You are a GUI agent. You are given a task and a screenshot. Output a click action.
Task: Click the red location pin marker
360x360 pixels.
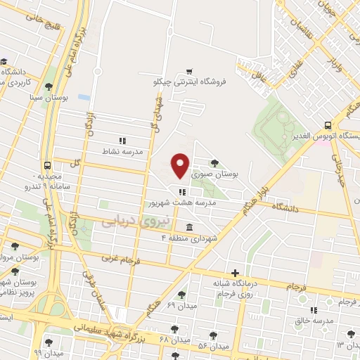[181, 165]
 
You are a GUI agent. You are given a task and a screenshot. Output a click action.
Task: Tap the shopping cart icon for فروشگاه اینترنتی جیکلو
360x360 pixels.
[189, 71]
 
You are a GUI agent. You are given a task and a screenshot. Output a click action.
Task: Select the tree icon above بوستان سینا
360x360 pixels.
[49, 87]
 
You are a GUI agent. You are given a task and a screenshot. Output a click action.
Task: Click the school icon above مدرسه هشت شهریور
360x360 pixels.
[182, 191]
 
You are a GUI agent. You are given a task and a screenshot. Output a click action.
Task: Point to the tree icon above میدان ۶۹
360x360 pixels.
[182, 295]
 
